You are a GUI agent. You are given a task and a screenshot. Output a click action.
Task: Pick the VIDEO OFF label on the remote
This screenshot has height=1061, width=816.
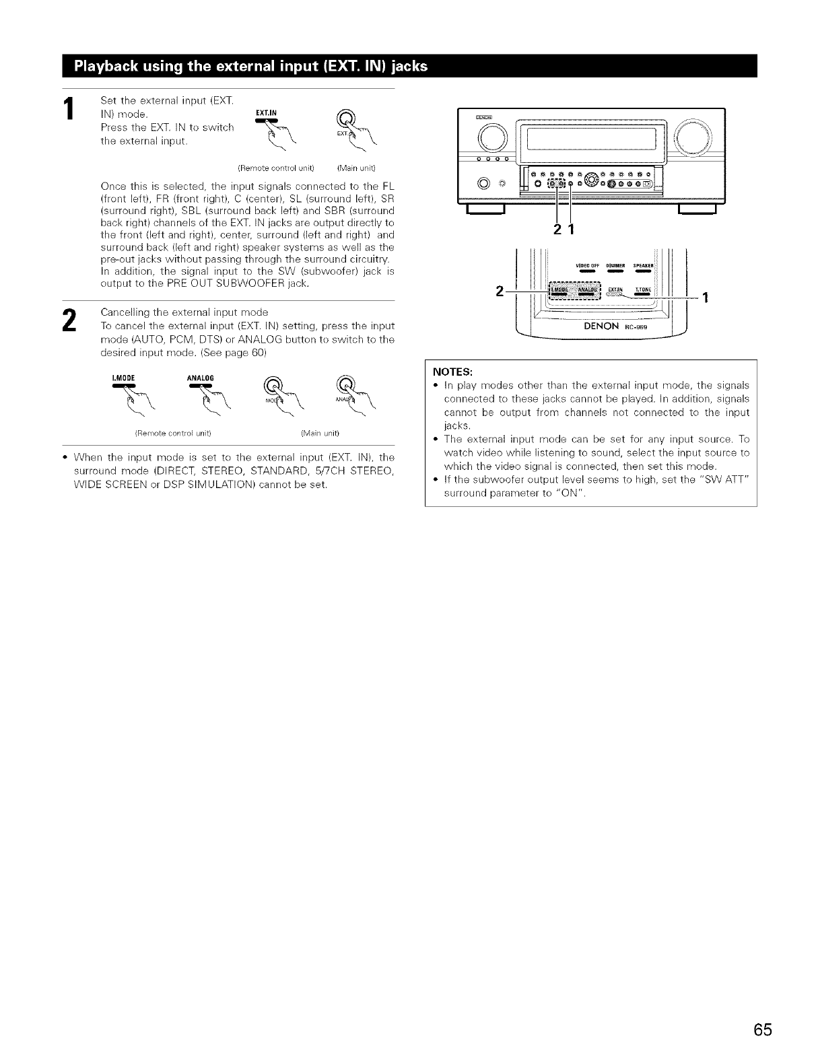[x=587, y=265]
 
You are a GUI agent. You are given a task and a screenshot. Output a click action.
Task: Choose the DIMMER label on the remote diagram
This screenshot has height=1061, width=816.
[x=617, y=265]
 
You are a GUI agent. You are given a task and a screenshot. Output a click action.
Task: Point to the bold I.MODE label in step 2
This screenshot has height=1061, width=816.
[x=123, y=377]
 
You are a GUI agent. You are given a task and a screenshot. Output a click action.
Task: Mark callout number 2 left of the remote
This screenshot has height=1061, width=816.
[x=499, y=291]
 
